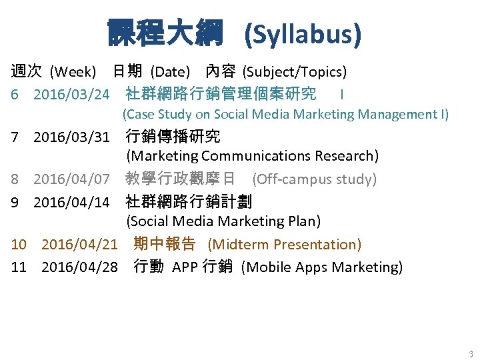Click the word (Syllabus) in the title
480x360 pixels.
(303, 33)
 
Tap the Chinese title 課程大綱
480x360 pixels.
(165, 33)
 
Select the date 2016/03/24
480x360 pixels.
(71, 94)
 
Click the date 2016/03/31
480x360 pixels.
(71, 137)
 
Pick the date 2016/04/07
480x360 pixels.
(71, 179)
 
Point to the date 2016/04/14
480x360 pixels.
(71, 201)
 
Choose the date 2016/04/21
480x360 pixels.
(79, 245)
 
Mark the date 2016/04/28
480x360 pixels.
(79, 267)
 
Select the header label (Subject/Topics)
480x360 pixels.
(294, 71)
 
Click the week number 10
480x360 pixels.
(19, 245)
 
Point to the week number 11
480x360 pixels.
(19, 267)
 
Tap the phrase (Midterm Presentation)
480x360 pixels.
(285, 245)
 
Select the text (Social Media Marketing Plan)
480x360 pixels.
(223, 221)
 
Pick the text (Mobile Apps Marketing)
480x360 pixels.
(322, 267)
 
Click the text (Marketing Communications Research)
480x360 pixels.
(253, 156)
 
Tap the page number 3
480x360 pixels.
(471, 354)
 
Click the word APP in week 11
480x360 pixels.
(185, 267)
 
